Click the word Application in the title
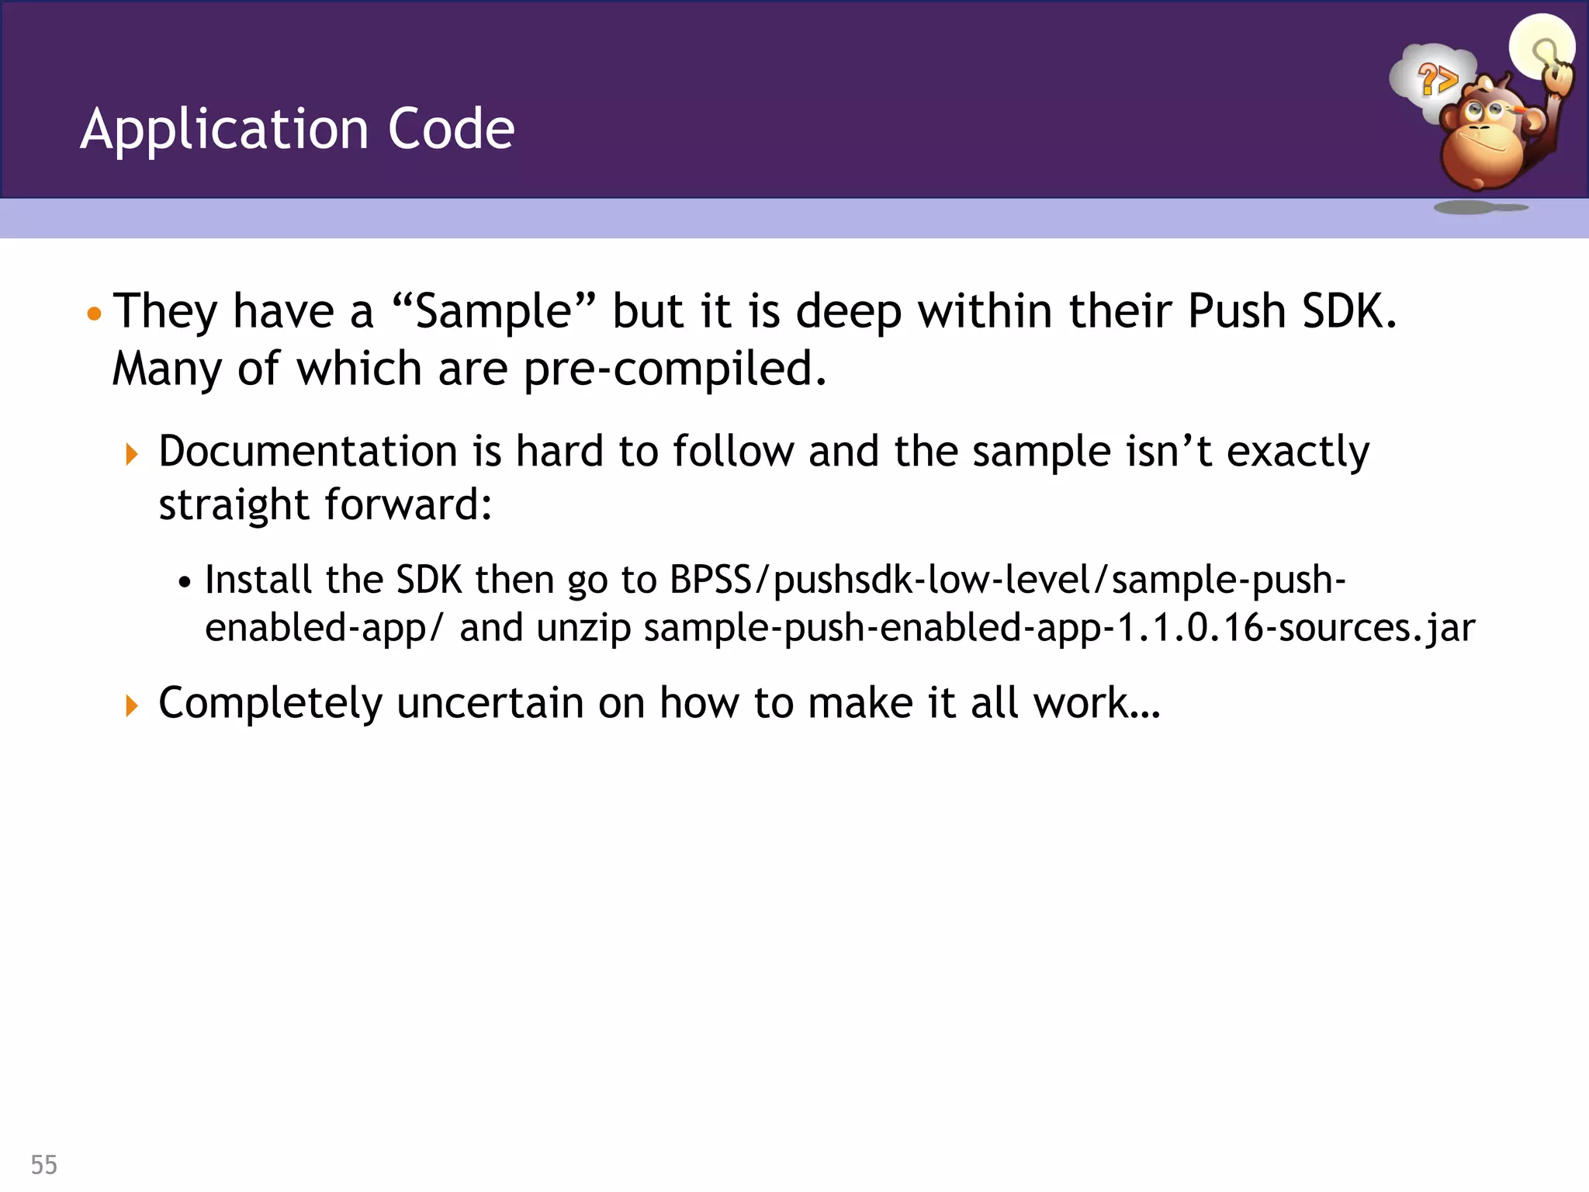(223, 130)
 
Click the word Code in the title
(451, 129)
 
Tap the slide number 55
(44, 1165)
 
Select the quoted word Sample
(493, 312)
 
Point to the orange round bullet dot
(95, 314)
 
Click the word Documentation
(308, 452)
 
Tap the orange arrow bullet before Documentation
(132, 455)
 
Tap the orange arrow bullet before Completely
(132, 705)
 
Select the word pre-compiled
(673, 369)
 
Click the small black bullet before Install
(184, 582)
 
